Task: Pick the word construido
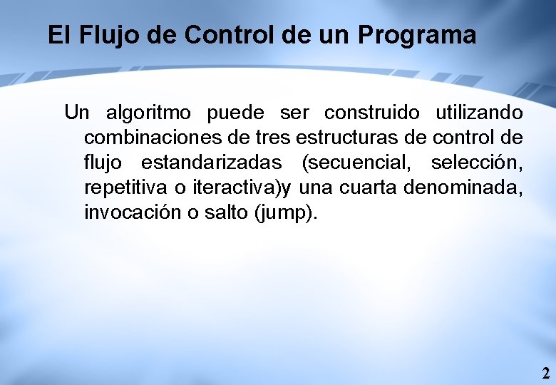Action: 371,113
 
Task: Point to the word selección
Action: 476,163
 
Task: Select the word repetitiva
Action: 124,188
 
